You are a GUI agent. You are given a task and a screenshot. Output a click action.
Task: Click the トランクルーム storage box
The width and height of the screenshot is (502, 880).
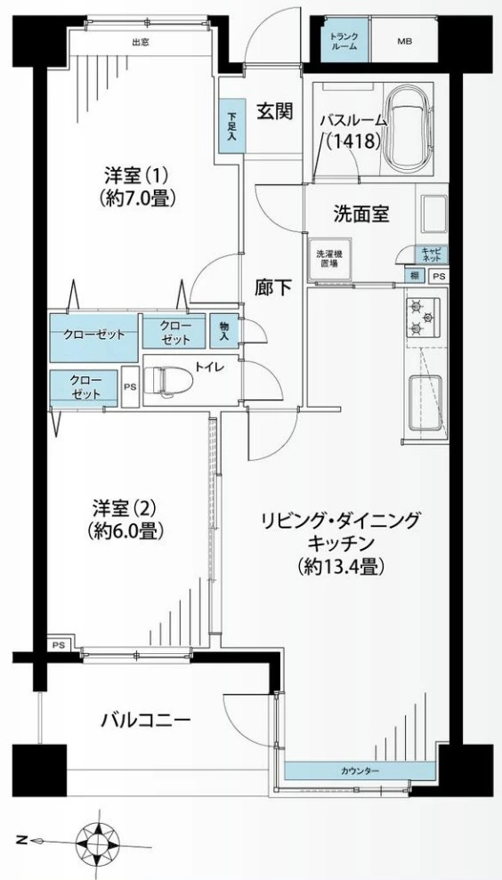[344, 41]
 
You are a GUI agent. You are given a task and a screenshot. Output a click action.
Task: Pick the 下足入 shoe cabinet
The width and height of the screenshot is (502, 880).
[231, 128]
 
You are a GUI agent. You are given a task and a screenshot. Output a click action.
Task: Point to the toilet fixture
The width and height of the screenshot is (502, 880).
[171, 380]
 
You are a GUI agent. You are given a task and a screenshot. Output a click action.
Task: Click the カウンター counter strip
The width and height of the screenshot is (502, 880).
[360, 770]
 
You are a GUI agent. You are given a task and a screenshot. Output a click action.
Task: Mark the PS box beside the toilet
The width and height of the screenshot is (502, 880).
[130, 387]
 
